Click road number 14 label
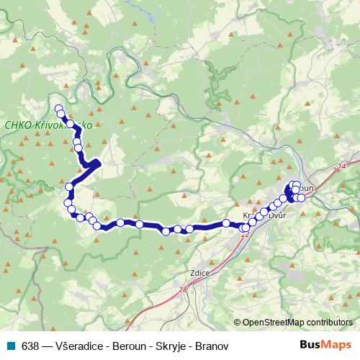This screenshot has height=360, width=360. click(x=341, y=166)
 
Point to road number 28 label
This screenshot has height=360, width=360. click(x=182, y=289)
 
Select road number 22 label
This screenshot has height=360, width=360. click(x=245, y=234)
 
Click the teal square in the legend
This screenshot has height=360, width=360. click(x=9, y=345)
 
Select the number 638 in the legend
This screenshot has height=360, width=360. click(x=30, y=345)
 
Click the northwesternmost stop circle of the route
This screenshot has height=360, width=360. click(x=59, y=109)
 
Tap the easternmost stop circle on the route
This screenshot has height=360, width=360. click(x=301, y=198)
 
